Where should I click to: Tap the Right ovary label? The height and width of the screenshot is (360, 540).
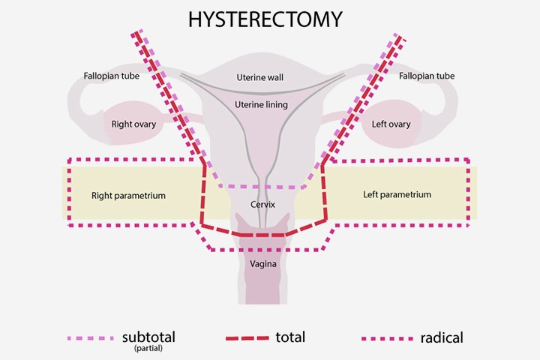(x=133, y=124)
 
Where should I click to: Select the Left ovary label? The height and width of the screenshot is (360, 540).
(x=391, y=124)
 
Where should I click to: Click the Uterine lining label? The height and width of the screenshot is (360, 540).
(x=260, y=104)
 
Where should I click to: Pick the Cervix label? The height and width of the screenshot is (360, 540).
(x=262, y=204)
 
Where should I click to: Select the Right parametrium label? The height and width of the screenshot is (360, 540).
(x=128, y=196)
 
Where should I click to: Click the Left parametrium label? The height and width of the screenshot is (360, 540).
(x=397, y=195)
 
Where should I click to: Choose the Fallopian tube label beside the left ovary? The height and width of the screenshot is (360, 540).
(x=427, y=76)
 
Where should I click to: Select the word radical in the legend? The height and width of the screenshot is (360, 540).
(x=442, y=337)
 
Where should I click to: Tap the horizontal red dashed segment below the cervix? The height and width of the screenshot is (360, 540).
(x=259, y=235)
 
